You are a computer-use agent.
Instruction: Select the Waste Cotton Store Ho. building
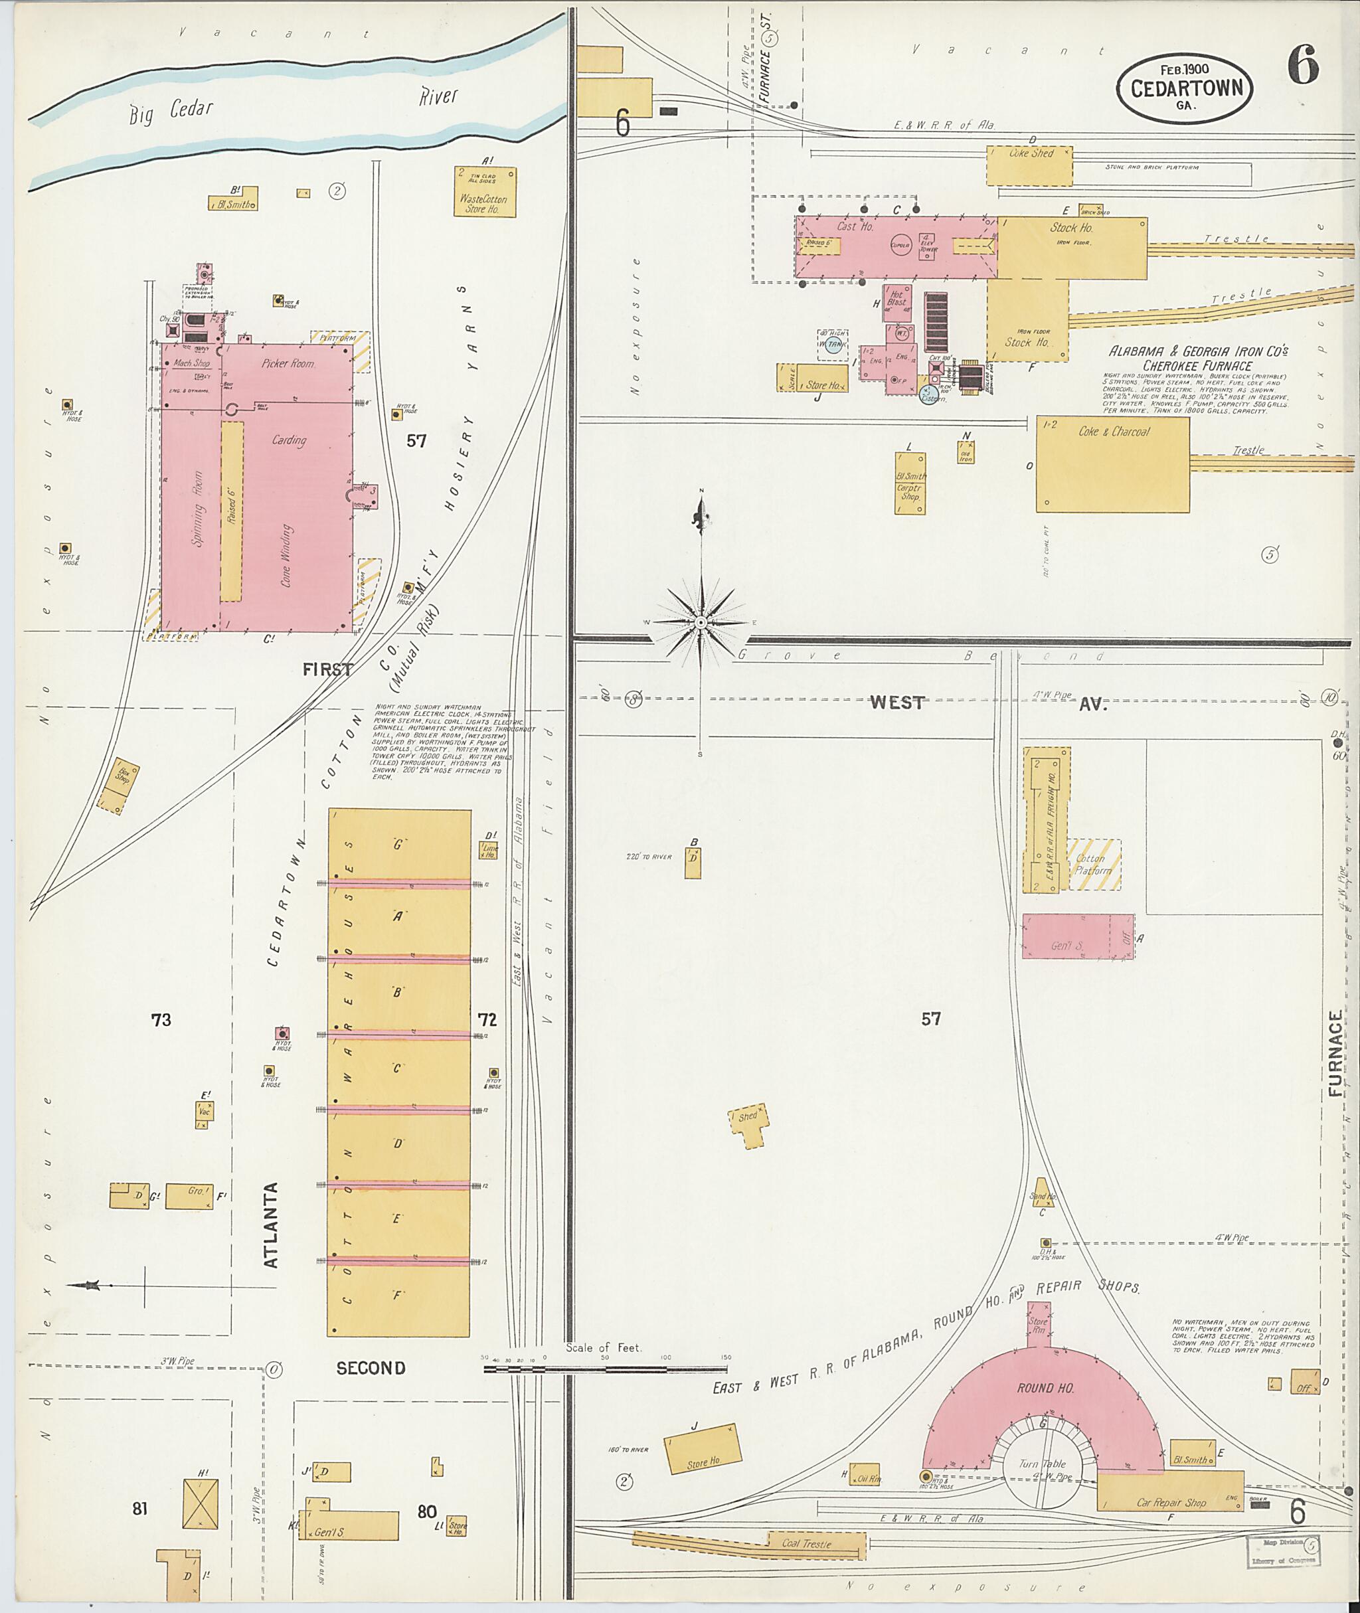(x=484, y=192)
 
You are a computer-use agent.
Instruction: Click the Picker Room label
(x=288, y=364)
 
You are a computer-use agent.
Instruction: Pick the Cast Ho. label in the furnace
(x=855, y=226)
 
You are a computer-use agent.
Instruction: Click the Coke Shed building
(x=1029, y=165)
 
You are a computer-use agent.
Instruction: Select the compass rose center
(x=700, y=622)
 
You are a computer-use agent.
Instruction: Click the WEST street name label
(x=896, y=703)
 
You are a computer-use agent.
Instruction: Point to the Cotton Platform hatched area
(x=1094, y=865)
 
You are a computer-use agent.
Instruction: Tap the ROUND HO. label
(x=1045, y=1388)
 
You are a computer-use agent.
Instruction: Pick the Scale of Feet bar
(x=605, y=1369)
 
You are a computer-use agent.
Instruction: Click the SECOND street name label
(x=370, y=1368)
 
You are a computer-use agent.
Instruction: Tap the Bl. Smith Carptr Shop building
(x=910, y=483)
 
